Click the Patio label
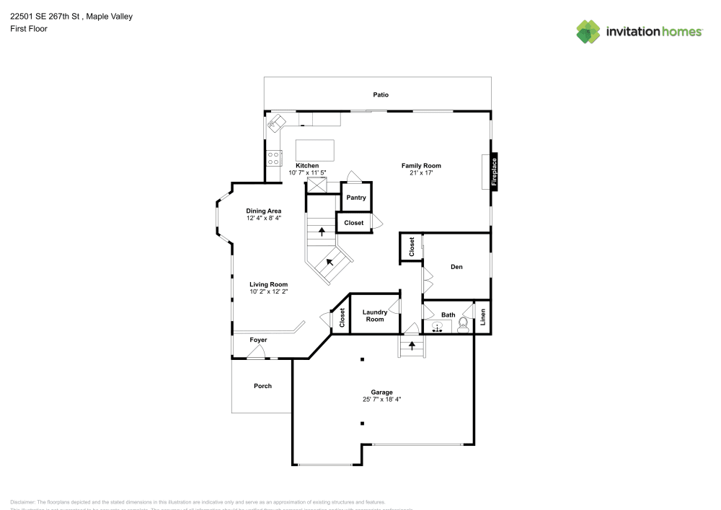(381, 94)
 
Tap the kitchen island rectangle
(316, 150)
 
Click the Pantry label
(356, 198)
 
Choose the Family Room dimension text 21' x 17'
(421, 173)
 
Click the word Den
(456, 267)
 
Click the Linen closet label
(483, 316)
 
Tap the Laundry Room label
(375, 315)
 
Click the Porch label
(262, 386)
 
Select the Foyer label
(258, 340)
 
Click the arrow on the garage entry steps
(412, 346)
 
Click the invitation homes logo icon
(588, 31)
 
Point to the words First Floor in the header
(29, 29)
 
